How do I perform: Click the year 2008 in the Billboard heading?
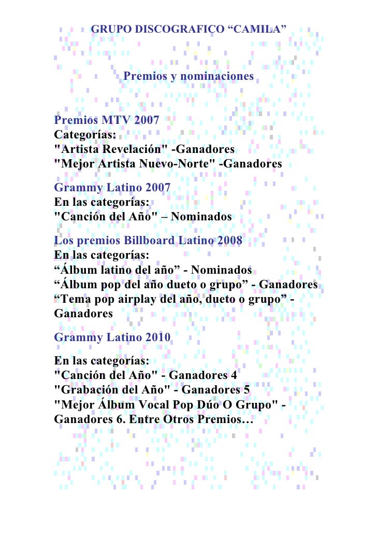tap(226, 241)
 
